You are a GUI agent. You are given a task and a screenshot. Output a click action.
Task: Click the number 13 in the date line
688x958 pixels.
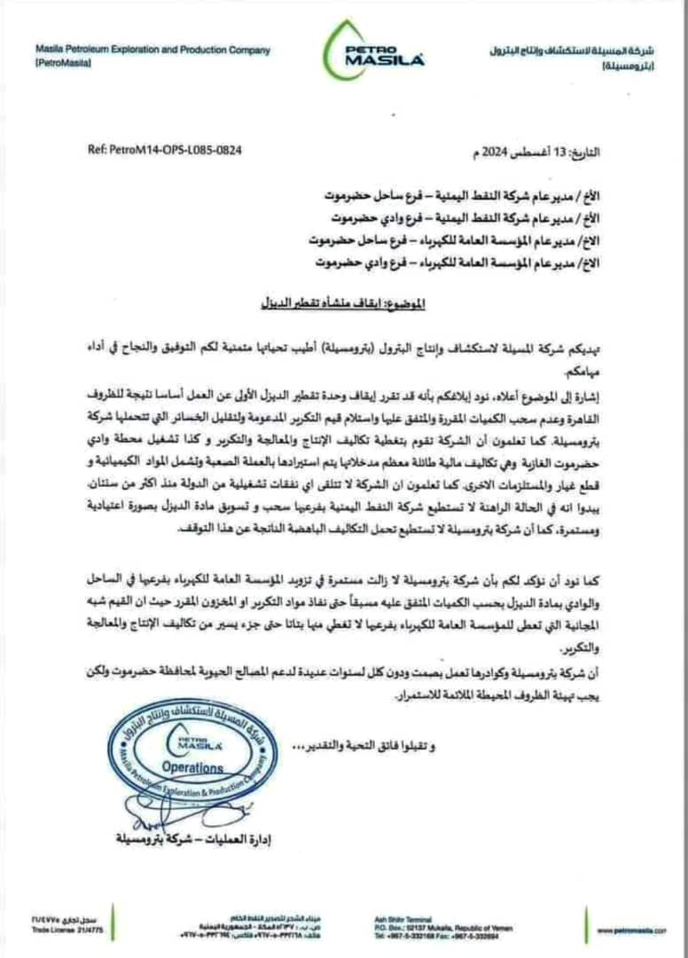pyautogui.click(x=563, y=152)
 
